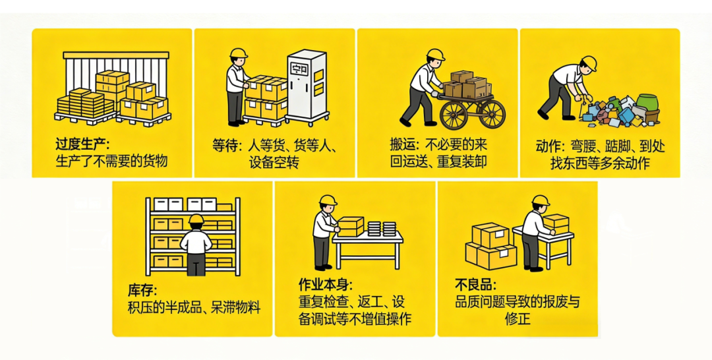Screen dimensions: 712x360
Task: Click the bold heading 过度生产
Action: coord(82,145)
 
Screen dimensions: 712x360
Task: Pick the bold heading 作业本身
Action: coord(325,285)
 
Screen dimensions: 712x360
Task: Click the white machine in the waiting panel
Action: coord(306,88)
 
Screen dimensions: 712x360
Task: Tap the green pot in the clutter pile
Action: coord(647,104)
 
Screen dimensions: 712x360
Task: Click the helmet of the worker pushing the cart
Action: coord(436,55)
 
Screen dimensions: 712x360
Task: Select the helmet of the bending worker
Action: coord(589,63)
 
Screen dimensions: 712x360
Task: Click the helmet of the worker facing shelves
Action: coord(196,219)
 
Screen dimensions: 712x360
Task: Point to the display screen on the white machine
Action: coord(300,69)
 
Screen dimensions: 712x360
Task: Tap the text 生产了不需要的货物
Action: coord(111,161)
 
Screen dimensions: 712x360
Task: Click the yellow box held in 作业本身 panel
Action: coord(351,226)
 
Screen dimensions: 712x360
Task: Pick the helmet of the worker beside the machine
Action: coord(238,53)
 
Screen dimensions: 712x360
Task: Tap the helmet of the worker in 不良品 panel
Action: coord(541,200)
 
